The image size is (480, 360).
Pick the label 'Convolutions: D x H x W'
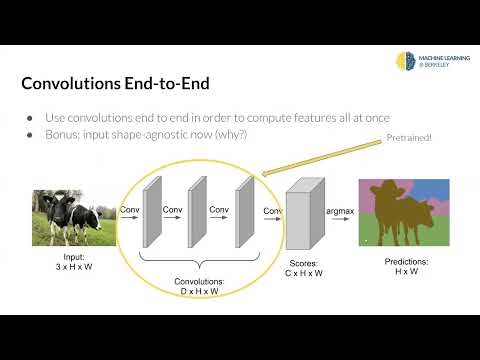(x=198, y=286)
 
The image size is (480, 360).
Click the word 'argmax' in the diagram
(x=338, y=211)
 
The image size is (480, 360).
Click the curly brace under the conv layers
(x=197, y=262)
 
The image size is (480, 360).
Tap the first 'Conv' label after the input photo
(x=129, y=210)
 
